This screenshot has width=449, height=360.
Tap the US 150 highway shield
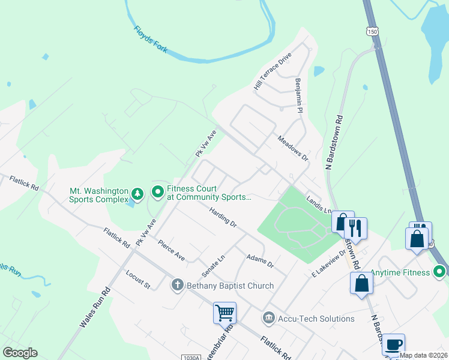pyautogui.click(x=373, y=31)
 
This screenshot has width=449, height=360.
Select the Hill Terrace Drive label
pyautogui.click(x=272, y=71)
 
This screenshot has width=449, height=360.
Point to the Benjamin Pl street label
pyautogui.click(x=298, y=95)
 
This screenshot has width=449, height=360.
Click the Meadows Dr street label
pyautogui.click(x=292, y=148)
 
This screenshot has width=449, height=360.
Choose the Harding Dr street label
pyautogui.click(x=223, y=217)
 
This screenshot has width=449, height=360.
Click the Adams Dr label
pyautogui.click(x=260, y=261)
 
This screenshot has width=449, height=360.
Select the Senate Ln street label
pyautogui.click(x=212, y=264)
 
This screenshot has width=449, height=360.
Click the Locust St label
pyautogui.click(x=137, y=280)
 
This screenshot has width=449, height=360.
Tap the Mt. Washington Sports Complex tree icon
pyautogui.click(x=138, y=193)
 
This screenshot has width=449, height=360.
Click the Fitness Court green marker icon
pyautogui.click(x=158, y=192)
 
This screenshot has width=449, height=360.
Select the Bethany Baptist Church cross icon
pyautogui.click(x=178, y=286)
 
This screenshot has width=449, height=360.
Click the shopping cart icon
pyautogui.click(x=224, y=313)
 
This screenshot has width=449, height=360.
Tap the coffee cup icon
pyautogui.click(x=393, y=344)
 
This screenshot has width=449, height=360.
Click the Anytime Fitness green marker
pyautogui.click(x=439, y=272)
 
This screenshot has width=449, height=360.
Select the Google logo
pyautogui.click(x=20, y=353)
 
